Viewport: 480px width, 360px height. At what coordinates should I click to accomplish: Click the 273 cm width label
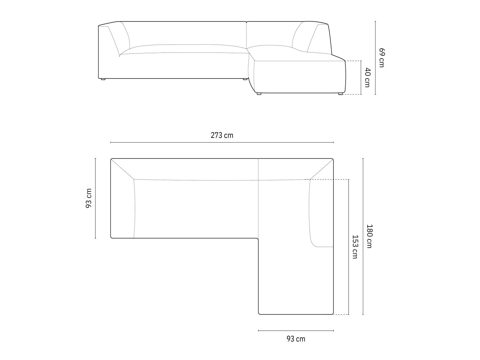click(222, 135)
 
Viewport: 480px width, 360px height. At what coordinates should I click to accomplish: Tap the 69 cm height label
click(382, 58)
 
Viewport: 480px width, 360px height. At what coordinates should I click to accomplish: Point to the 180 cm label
click(369, 236)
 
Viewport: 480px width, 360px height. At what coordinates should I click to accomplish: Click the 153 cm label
click(355, 247)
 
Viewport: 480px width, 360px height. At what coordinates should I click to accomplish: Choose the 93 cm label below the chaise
click(296, 339)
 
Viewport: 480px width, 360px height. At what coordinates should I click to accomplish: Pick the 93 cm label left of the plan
click(89, 198)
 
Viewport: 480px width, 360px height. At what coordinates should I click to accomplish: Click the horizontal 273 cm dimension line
click(222, 142)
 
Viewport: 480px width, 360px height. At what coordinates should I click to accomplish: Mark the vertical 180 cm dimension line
click(363, 236)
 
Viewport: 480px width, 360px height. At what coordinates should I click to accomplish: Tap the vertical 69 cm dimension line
click(375, 58)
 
